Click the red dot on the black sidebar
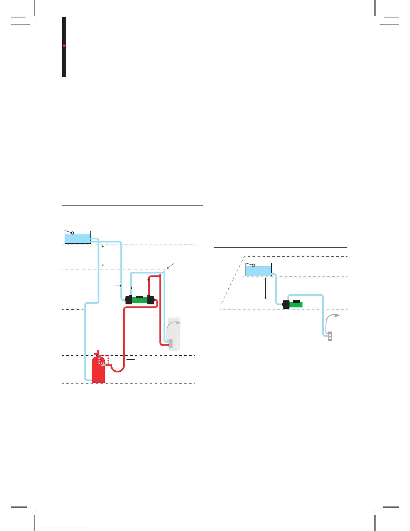[x=64, y=46]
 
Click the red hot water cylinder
[x=98, y=372]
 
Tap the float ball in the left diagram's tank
[x=72, y=233]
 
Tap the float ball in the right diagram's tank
[x=253, y=265]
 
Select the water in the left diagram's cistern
[x=77, y=238]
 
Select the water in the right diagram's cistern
[x=258, y=271]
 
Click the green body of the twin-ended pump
[x=140, y=300]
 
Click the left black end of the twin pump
[x=128, y=300]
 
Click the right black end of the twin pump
[x=151, y=300]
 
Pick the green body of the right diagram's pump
[x=296, y=304]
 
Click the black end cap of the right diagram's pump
[x=286, y=304]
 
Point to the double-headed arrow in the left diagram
[x=103, y=255]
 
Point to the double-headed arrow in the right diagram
[x=265, y=288]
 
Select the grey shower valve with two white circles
[x=330, y=336]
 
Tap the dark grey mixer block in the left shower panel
[x=170, y=344]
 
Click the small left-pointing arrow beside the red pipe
[x=131, y=359]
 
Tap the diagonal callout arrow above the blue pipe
[x=170, y=267]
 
